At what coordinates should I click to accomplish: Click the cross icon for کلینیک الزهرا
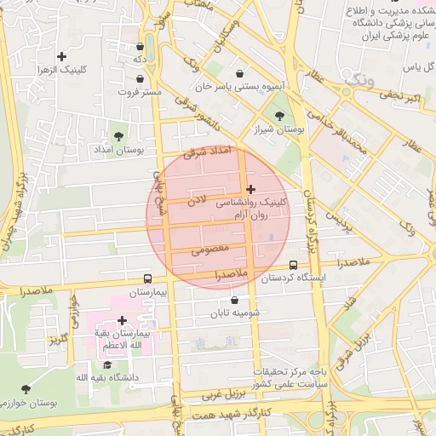62,56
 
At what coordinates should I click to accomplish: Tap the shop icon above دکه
140,46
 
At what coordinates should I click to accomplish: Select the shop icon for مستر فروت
140,78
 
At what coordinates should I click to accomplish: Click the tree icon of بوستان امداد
118,135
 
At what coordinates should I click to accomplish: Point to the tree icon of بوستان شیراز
278,117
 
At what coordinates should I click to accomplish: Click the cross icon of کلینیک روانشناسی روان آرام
250,189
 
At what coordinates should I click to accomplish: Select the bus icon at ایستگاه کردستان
294,265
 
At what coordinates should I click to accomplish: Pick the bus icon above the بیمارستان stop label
147,278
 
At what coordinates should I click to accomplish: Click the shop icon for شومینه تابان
233,300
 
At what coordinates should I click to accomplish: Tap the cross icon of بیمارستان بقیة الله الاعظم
123,321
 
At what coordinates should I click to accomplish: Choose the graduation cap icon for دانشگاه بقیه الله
107,364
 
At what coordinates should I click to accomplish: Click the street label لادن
198,201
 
